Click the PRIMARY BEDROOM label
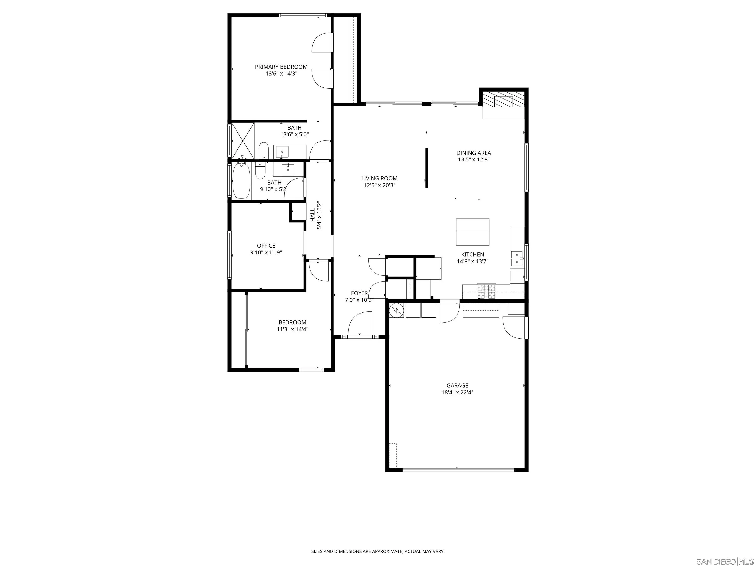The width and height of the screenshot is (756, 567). coord(281,67)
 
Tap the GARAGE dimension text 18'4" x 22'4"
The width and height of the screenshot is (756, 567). coord(457,392)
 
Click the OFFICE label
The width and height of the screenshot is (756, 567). coord(266,246)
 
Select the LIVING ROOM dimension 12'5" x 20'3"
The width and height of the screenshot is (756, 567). coord(379,185)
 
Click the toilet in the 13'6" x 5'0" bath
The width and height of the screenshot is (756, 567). coord(263,151)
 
